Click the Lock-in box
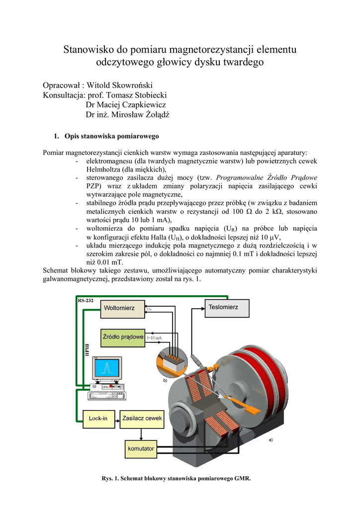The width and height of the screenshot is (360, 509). pos(98,419)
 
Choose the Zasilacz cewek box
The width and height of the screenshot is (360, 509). pos(142,419)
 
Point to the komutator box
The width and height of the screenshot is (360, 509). pos(141,449)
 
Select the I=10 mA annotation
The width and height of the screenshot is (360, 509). pos(154,338)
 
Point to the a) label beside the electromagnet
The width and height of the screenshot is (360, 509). pos(270,439)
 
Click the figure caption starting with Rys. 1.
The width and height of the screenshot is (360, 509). pos(177,479)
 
